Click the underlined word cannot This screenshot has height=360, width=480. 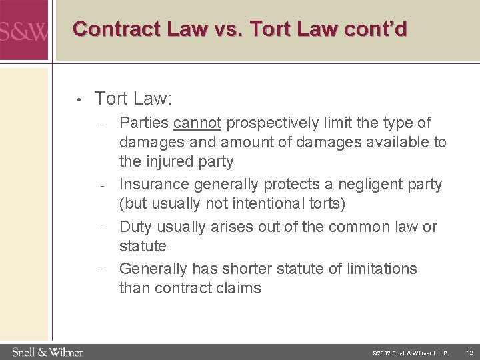coord(198,123)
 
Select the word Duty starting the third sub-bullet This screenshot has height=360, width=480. coord(135,227)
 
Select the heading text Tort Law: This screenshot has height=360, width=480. coord(134,99)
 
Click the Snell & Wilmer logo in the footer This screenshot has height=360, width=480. coord(46,351)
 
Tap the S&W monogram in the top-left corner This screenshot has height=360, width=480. coord(25,30)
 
